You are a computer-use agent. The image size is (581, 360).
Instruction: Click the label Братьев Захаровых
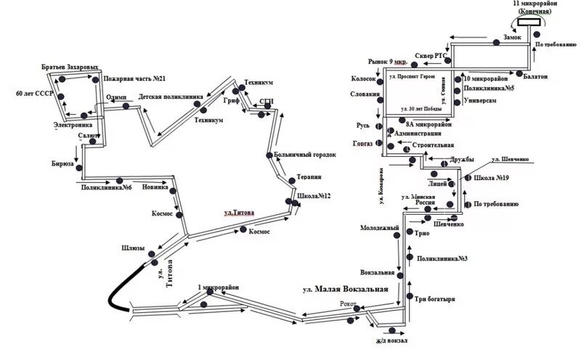tap(70, 67)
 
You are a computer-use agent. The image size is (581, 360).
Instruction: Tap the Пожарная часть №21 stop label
tap(136, 78)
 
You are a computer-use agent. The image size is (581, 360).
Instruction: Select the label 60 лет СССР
tap(34, 94)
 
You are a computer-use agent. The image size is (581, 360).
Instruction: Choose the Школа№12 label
tap(314, 196)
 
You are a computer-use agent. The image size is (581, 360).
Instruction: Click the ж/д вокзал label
tap(392, 340)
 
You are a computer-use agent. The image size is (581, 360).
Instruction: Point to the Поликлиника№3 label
tap(443, 258)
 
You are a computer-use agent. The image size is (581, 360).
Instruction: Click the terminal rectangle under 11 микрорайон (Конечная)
tap(533, 22)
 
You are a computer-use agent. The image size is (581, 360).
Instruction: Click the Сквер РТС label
tap(428, 55)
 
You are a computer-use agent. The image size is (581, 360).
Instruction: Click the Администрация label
tap(420, 134)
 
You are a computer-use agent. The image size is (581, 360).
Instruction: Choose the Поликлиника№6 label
tap(106, 188)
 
